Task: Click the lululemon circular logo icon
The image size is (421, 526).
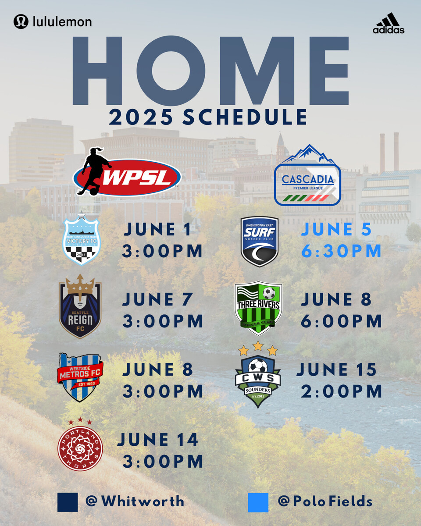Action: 21,21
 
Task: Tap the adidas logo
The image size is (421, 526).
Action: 388,23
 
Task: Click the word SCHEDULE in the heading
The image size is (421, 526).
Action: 244,117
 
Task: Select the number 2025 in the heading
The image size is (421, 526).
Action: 141,117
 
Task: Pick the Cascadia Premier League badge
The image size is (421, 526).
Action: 307,175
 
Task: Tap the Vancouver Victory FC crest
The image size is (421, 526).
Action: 81,239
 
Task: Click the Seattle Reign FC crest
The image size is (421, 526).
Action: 80,306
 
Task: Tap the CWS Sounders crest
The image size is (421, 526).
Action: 258,374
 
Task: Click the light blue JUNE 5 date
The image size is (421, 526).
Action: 336,229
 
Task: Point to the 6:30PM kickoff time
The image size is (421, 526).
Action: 341,251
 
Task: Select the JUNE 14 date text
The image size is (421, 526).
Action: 158,440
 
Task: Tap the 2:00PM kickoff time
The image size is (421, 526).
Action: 341,391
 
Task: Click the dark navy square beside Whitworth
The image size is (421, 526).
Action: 68,502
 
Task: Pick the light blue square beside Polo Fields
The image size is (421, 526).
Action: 258,502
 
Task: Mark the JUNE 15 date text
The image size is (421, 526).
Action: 336,369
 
